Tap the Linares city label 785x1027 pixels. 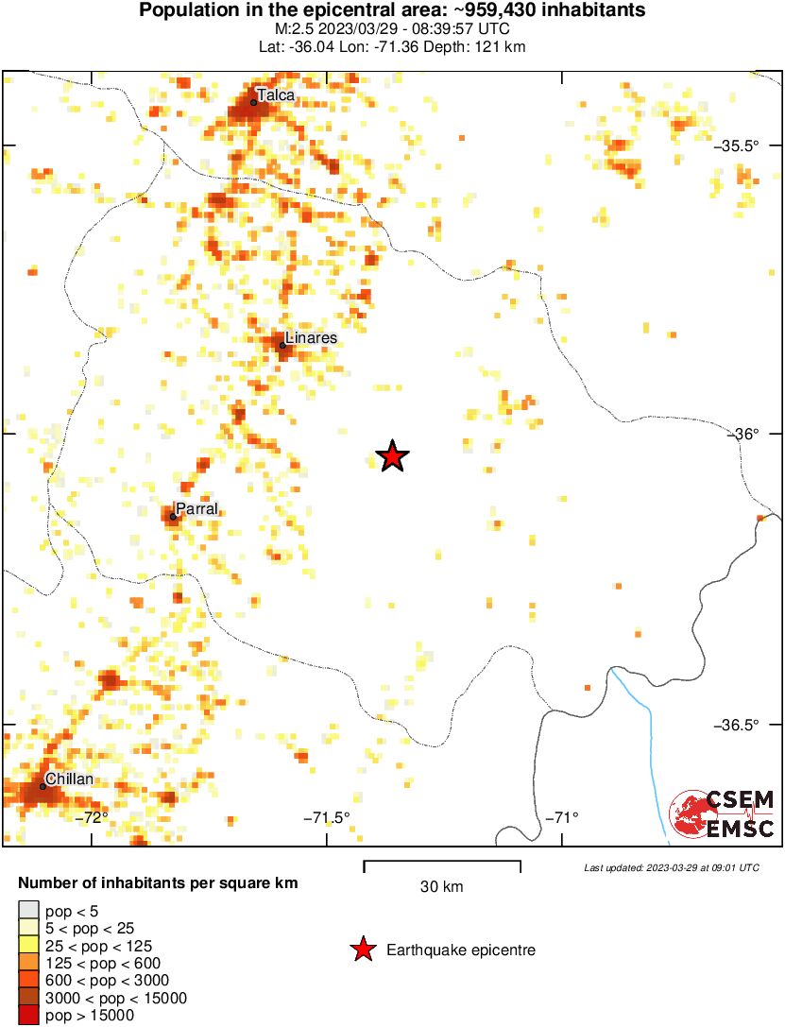pos(311,337)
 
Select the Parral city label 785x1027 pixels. pos(197,509)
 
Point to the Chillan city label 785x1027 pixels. pos(69,779)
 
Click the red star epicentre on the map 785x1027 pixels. pos(392,457)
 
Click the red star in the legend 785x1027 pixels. pos(362,950)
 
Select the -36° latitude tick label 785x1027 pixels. pos(746,434)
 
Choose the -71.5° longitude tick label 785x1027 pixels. pos(327,817)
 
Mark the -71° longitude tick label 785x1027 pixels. pos(563,817)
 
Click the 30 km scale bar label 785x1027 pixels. pos(441,886)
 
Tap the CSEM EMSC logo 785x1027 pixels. pos(722,814)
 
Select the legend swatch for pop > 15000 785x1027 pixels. pos(28,1016)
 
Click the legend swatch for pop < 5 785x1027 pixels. pos(28,911)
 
